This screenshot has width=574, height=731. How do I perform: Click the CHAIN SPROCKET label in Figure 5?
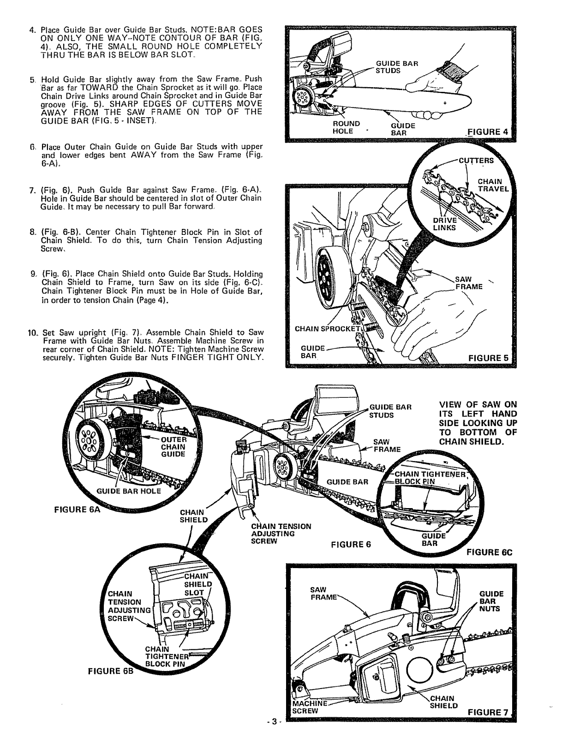328,329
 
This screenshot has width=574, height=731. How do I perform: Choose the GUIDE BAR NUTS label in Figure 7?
491,601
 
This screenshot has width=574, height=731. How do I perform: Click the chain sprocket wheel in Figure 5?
326,285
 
